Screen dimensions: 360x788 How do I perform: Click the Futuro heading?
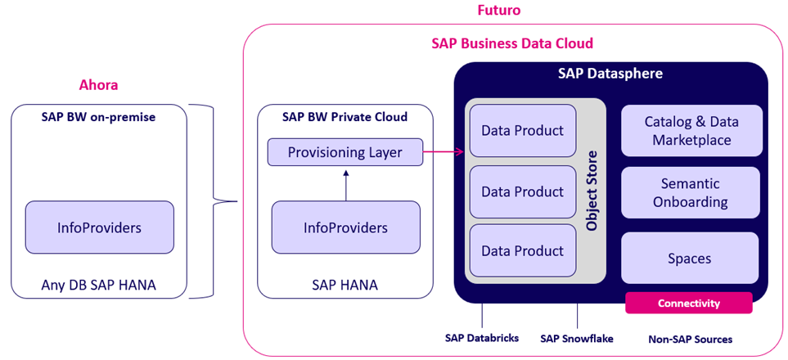[x=499, y=11]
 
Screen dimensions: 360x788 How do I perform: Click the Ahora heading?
[x=98, y=85]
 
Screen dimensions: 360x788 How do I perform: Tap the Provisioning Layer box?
[x=345, y=152]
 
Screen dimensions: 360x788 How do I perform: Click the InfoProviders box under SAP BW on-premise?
[x=100, y=227]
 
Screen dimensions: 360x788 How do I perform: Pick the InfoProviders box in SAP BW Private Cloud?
[x=345, y=227]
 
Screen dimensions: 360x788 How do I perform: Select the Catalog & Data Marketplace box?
[x=691, y=131]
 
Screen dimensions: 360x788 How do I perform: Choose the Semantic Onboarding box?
[x=691, y=193]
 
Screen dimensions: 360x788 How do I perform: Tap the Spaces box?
[x=691, y=258]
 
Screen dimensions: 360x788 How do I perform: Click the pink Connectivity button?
[x=688, y=303]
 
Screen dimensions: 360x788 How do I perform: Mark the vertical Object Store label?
[x=592, y=191]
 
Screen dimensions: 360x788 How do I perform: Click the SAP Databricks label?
[x=482, y=338]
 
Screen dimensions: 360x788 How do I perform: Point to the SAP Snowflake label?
[x=577, y=338]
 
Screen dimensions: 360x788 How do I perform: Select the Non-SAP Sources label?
[x=690, y=339]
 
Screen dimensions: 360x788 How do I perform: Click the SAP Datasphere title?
[x=610, y=74]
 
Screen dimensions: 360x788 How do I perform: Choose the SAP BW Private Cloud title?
[x=345, y=117]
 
